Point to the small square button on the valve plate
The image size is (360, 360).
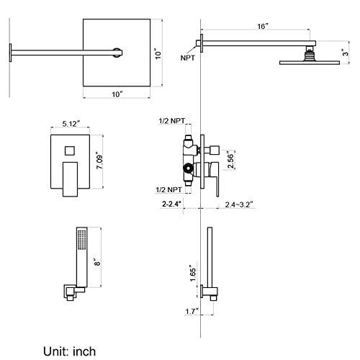pos(70,150)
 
